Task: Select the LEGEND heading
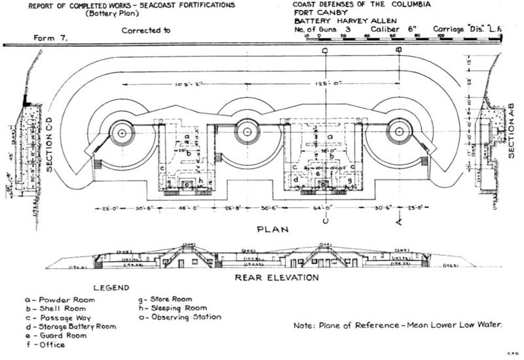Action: (116, 287)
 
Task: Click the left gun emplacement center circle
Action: (122, 132)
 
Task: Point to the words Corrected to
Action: (146, 30)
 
